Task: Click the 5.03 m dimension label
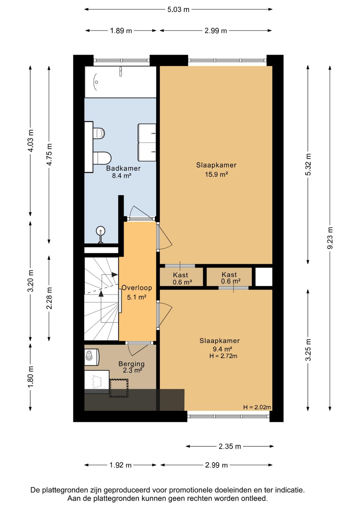tap(178, 9)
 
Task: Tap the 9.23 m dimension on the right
tap(330, 238)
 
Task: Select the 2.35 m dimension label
tap(230, 446)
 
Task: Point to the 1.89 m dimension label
tap(121, 31)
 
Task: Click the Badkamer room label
tap(123, 168)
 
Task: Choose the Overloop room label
tap(137, 288)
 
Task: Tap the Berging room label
tap(132, 364)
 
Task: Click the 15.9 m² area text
tap(216, 174)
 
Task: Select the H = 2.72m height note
tap(223, 356)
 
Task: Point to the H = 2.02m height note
tap(257, 407)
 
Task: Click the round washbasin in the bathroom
tap(100, 231)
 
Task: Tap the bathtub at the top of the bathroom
tap(120, 82)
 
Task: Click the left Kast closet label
tap(180, 275)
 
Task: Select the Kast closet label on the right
tap(229, 275)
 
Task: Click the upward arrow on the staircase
tap(101, 294)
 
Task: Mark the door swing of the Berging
tap(137, 349)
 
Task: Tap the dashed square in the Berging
tap(119, 388)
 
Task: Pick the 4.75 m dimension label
tap(49, 154)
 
